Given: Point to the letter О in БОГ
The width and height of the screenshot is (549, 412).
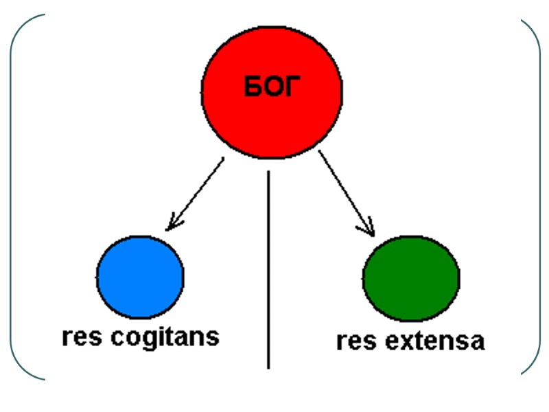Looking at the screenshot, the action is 272,88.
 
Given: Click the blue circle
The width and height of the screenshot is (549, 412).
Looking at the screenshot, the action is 140,275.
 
